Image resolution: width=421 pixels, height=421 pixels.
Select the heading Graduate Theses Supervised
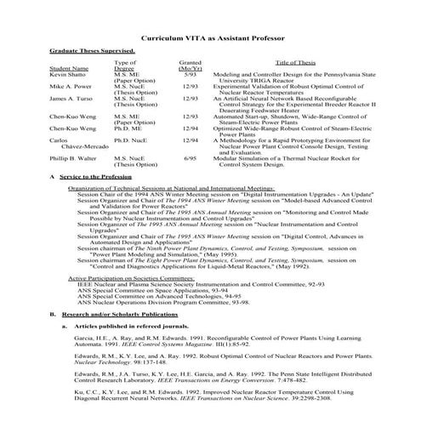[x=91, y=51]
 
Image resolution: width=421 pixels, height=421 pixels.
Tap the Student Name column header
[x=68, y=68]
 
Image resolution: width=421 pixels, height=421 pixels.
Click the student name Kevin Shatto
[x=69, y=74]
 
